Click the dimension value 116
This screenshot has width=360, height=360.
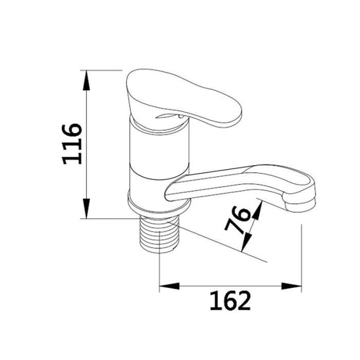[x=72, y=144]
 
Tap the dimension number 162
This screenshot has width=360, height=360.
[x=230, y=300]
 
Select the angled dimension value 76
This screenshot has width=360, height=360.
[x=238, y=220]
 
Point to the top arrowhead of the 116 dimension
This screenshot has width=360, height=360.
[x=86, y=80]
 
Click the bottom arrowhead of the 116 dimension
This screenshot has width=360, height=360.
[x=86, y=208]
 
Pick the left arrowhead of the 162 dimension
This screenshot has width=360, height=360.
[x=169, y=286]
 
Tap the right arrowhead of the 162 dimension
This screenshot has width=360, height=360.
[x=292, y=286]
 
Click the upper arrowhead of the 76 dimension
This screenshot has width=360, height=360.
[x=257, y=210]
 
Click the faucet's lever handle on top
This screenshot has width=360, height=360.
[x=182, y=97]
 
